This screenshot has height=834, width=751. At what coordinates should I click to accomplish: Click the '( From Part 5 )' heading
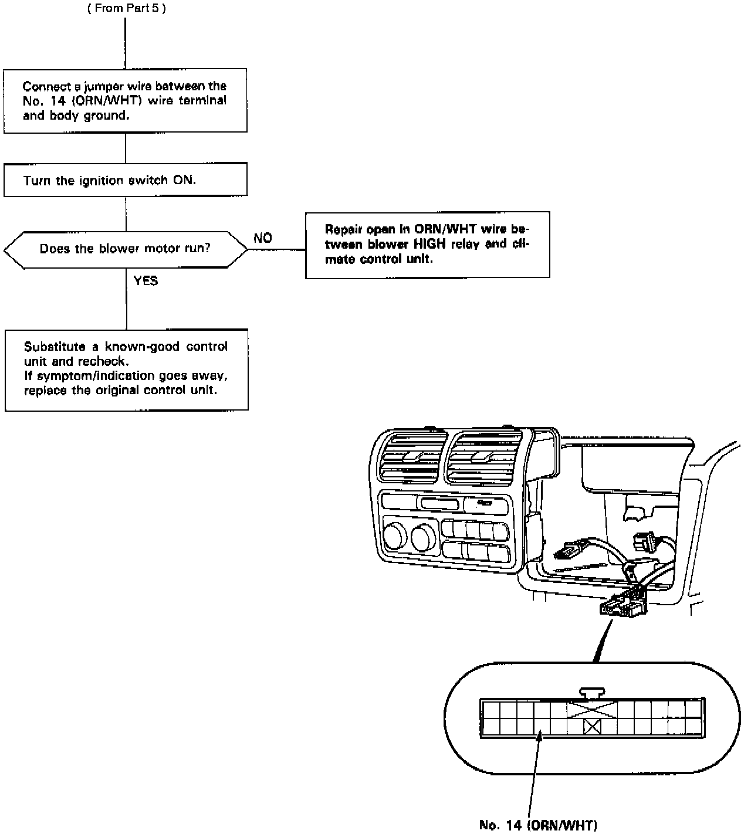(x=127, y=9)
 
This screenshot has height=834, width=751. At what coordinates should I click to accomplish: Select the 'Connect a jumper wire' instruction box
(x=125, y=100)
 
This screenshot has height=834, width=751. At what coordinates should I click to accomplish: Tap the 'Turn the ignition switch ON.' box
(x=125, y=180)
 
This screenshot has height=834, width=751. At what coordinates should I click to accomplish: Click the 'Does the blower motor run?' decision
(x=125, y=249)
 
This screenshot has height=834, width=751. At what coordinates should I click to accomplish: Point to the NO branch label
(x=263, y=238)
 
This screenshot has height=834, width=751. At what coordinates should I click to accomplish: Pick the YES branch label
(x=146, y=281)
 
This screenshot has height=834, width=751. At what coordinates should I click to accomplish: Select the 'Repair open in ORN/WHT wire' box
(x=427, y=244)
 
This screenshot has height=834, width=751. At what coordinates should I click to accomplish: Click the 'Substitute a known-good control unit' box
(x=126, y=369)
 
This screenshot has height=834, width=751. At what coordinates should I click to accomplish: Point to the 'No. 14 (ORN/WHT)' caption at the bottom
(x=537, y=825)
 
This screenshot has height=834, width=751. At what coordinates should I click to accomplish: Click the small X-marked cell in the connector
(x=593, y=727)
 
